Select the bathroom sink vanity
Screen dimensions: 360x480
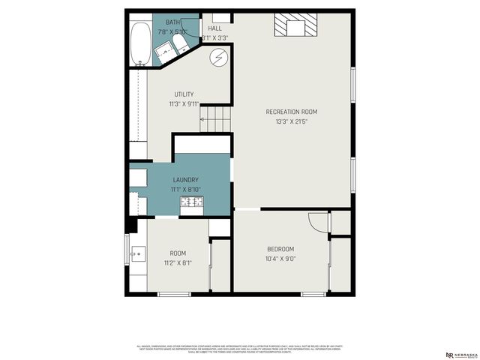(163, 52)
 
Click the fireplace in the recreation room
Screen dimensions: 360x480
(295, 25)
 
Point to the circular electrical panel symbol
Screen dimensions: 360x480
(218, 57)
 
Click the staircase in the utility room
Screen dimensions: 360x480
(214, 117)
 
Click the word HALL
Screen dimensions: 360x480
(215, 28)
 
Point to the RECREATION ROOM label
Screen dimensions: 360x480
(292, 112)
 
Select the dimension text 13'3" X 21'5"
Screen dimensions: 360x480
(292, 121)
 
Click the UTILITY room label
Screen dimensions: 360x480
(184, 94)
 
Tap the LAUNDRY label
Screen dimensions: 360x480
(185, 180)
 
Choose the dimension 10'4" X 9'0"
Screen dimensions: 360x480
(280, 259)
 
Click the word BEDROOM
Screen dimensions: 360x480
(280, 249)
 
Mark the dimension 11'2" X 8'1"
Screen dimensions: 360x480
(178, 263)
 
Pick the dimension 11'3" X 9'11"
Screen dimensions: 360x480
(184, 103)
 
